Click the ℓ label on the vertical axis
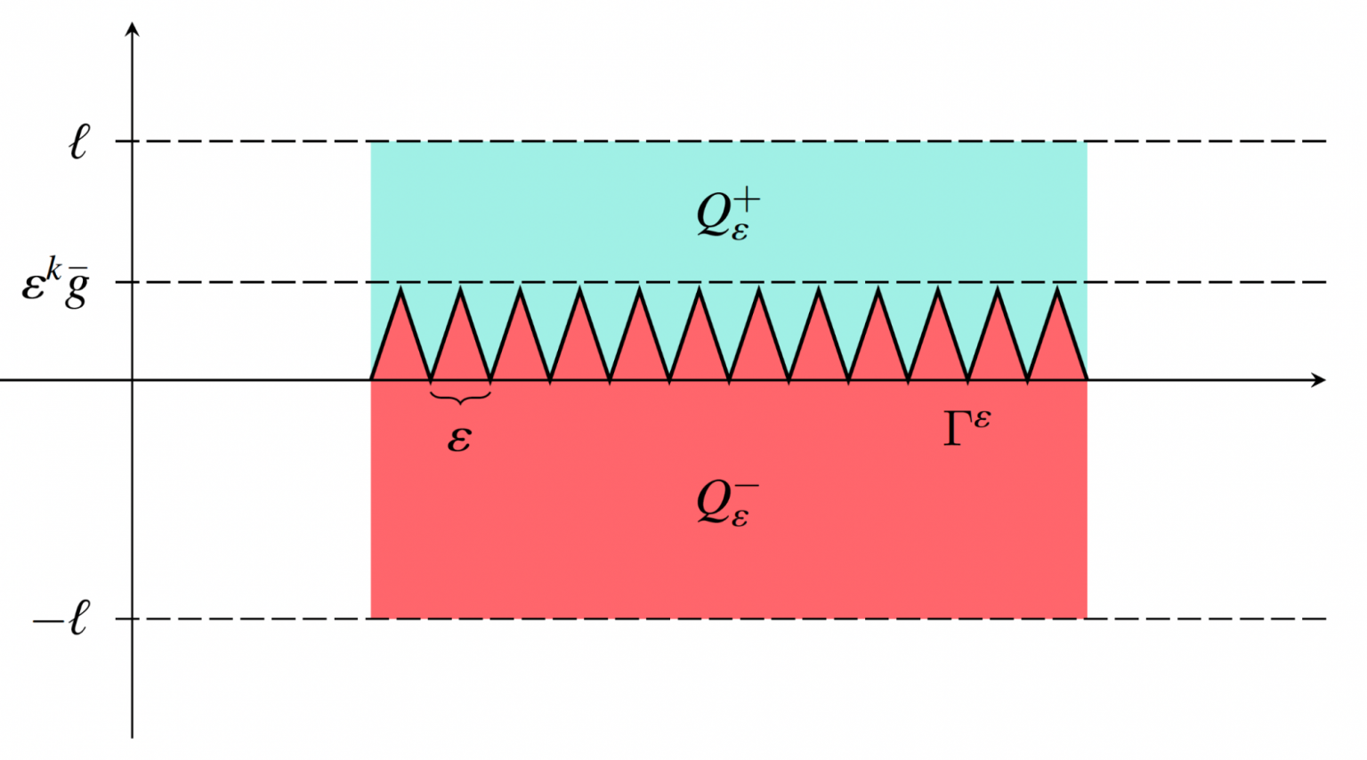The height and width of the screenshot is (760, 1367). (x=79, y=142)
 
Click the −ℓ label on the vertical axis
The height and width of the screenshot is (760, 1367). (x=62, y=618)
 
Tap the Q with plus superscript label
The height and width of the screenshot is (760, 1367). (x=727, y=214)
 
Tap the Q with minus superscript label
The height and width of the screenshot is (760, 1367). (x=727, y=503)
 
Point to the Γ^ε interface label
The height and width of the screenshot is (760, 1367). (x=966, y=428)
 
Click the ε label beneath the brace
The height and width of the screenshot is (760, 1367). (x=459, y=439)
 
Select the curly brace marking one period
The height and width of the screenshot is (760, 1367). (x=460, y=398)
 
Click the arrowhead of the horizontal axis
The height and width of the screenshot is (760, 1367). (x=1320, y=380)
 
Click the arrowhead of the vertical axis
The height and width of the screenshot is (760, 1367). (x=133, y=28)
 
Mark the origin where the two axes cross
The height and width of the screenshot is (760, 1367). (x=133, y=380)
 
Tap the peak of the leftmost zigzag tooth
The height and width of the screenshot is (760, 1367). (x=400, y=288)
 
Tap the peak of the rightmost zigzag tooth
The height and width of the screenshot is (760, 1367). (x=1057, y=288)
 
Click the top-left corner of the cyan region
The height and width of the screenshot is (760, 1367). (x=371, y=141)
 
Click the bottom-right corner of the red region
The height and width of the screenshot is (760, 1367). (x=1087, y=618)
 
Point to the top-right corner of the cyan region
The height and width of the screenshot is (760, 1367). (x=1087, y=141)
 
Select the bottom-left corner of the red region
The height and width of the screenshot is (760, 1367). (x=371, y=618)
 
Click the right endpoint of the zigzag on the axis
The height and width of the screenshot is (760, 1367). (x=1087, y=380)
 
